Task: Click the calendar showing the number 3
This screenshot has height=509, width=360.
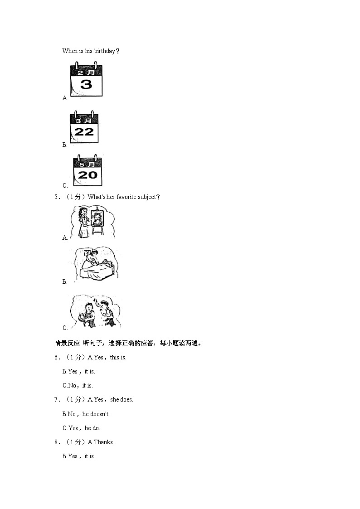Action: pyautogui.click(x=86, y=80)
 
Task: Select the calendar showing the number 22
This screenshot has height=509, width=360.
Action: pyautogui.click(x=84, y=128)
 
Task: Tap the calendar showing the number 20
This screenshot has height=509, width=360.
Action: pyautogui.click(x=88, y=171)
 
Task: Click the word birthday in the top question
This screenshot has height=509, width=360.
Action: pyautogui.click(x=104, y=51)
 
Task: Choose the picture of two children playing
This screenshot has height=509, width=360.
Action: pyautogui.click(x=96, y=312)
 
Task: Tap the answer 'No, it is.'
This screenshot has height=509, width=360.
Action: pyautogui.click(x=78, y=385)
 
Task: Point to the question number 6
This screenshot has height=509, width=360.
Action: pyautogui.click(x=57, y=358)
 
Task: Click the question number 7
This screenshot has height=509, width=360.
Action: pyautogui.click(x=57, y=400)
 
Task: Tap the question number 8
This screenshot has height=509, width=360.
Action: pyautogui.click(x=57, y=442)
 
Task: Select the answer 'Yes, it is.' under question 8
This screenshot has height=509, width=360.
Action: pyautogui.click(x=79, y=456)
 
